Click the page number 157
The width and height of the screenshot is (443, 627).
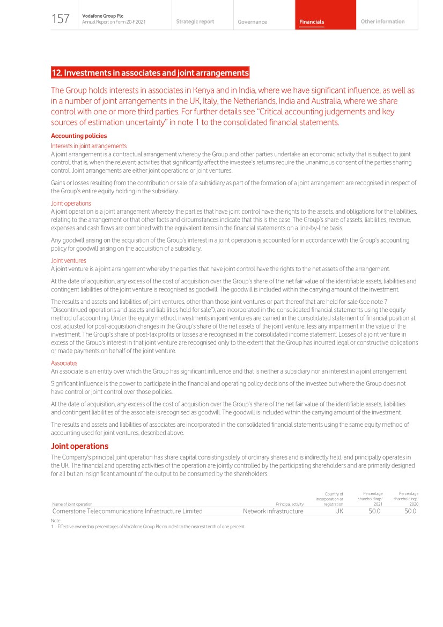pos(61,19)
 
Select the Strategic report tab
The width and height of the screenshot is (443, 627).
pos(195,21)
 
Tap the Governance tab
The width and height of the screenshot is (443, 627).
pos(252,22)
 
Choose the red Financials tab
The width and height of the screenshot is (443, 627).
pos(312,22)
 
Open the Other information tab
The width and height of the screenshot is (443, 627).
pos(382,21)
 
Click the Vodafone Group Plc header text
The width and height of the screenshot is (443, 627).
pos(102,16)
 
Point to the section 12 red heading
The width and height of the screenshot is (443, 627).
pos(150,72)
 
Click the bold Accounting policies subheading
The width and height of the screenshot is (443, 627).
pos(79,136)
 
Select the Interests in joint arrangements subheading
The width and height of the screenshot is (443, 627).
pos(88,145)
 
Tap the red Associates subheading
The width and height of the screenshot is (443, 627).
pos(64,363)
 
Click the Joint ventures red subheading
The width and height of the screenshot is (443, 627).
pos(68,260)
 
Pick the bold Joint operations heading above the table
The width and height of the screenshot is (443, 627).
pos(79,446)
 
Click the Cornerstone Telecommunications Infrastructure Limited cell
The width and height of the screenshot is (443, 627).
pos(128,511)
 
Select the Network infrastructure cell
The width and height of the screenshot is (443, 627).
pos(273,511)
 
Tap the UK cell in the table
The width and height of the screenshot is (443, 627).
pos(339,511)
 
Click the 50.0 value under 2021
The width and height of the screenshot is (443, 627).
pos(374,511)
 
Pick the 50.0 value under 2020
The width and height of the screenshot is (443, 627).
pos(410,511)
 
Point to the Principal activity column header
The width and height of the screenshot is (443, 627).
pos(289,504)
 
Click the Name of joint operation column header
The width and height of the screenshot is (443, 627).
pos(72,504)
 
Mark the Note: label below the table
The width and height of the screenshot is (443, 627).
pos(56,521)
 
